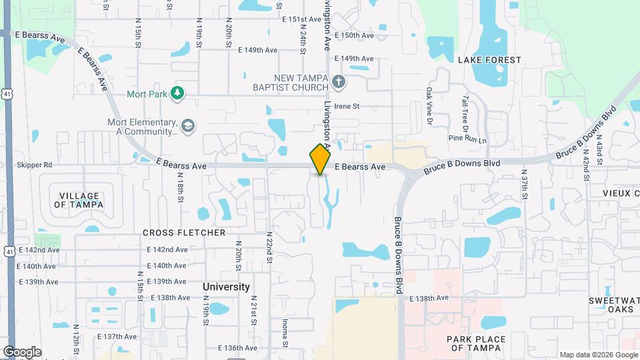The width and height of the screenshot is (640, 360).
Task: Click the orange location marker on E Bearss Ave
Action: (320, 159)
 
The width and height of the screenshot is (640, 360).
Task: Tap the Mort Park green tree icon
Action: (177, 93)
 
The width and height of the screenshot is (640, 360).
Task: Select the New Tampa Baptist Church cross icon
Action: (339, 82)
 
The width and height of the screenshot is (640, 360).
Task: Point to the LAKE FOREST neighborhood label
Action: (489, 60)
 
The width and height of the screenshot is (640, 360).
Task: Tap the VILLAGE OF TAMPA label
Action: (79, 200)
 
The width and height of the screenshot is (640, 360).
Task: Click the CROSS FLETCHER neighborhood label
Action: (184, 233)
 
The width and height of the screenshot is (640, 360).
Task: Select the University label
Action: (226, 287)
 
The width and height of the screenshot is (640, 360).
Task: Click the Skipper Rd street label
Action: (35, 165)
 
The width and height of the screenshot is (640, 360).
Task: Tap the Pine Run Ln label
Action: (467, 139)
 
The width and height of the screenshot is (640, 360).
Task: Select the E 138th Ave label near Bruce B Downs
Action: (430, 298)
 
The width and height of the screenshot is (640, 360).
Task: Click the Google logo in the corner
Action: (22, 351)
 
